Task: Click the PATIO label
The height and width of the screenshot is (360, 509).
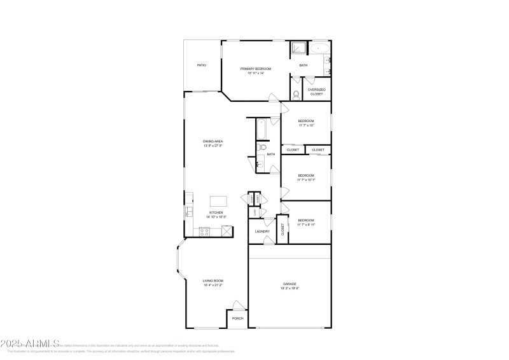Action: tap(202, 65)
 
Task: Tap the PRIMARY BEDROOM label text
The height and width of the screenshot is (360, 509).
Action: tap(256, 68)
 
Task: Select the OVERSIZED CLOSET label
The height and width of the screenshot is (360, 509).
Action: tap(317, 92)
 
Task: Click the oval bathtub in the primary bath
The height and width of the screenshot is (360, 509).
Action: tap(320, 48)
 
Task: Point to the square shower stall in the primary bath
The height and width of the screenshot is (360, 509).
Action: tap(299, 48)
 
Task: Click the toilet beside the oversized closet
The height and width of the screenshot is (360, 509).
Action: tap(296, 95)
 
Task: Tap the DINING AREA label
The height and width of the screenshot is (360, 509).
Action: tap(213, 141)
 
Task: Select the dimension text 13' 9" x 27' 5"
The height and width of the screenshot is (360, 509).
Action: tap(213, 146)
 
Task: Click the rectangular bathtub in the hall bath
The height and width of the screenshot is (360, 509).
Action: tap(261, 130)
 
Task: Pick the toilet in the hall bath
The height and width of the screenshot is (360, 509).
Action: tap(262, 148)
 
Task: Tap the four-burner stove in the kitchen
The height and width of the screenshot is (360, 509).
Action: tap(206, 232)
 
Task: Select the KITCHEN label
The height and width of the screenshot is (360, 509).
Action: tap(216, 213)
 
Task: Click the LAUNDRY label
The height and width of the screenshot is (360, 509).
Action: tap(262, 232)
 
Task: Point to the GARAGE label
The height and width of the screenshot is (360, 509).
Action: tap(289, 284)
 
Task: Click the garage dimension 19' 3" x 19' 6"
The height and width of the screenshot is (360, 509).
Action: tap(289, 289)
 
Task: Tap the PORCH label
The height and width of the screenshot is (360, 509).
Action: tap(237, 318)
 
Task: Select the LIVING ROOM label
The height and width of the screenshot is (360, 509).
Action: tap(212, 280)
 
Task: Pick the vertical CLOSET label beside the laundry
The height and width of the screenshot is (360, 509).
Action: tap(283, 230)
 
